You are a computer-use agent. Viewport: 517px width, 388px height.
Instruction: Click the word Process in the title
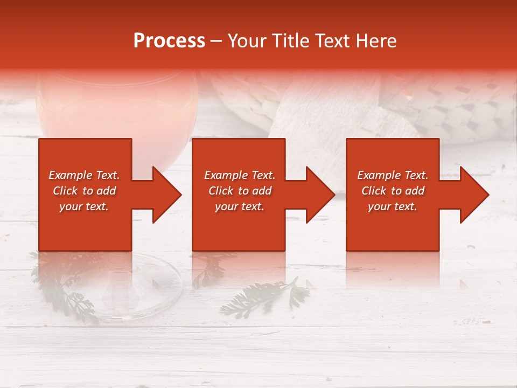(169, 41)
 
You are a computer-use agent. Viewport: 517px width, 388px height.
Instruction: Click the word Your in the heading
(248, 41)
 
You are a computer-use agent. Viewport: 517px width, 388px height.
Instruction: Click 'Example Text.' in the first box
(84, 175)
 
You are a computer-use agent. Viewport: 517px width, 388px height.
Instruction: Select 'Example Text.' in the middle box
(239, 175)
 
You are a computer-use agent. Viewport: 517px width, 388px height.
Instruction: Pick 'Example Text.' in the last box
(393, 175)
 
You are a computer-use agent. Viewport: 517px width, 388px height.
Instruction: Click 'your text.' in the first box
(84, 206)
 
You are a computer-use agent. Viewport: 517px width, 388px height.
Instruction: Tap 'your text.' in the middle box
(239, 206)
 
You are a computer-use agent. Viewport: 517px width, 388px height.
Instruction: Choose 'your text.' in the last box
(393, 206)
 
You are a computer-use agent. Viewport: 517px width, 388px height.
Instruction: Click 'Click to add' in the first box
(84, 191)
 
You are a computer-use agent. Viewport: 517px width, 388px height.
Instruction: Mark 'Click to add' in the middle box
(239, 191)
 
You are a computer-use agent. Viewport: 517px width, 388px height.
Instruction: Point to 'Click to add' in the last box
(393, 191)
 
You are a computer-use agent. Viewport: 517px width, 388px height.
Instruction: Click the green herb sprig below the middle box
(264, 299)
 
